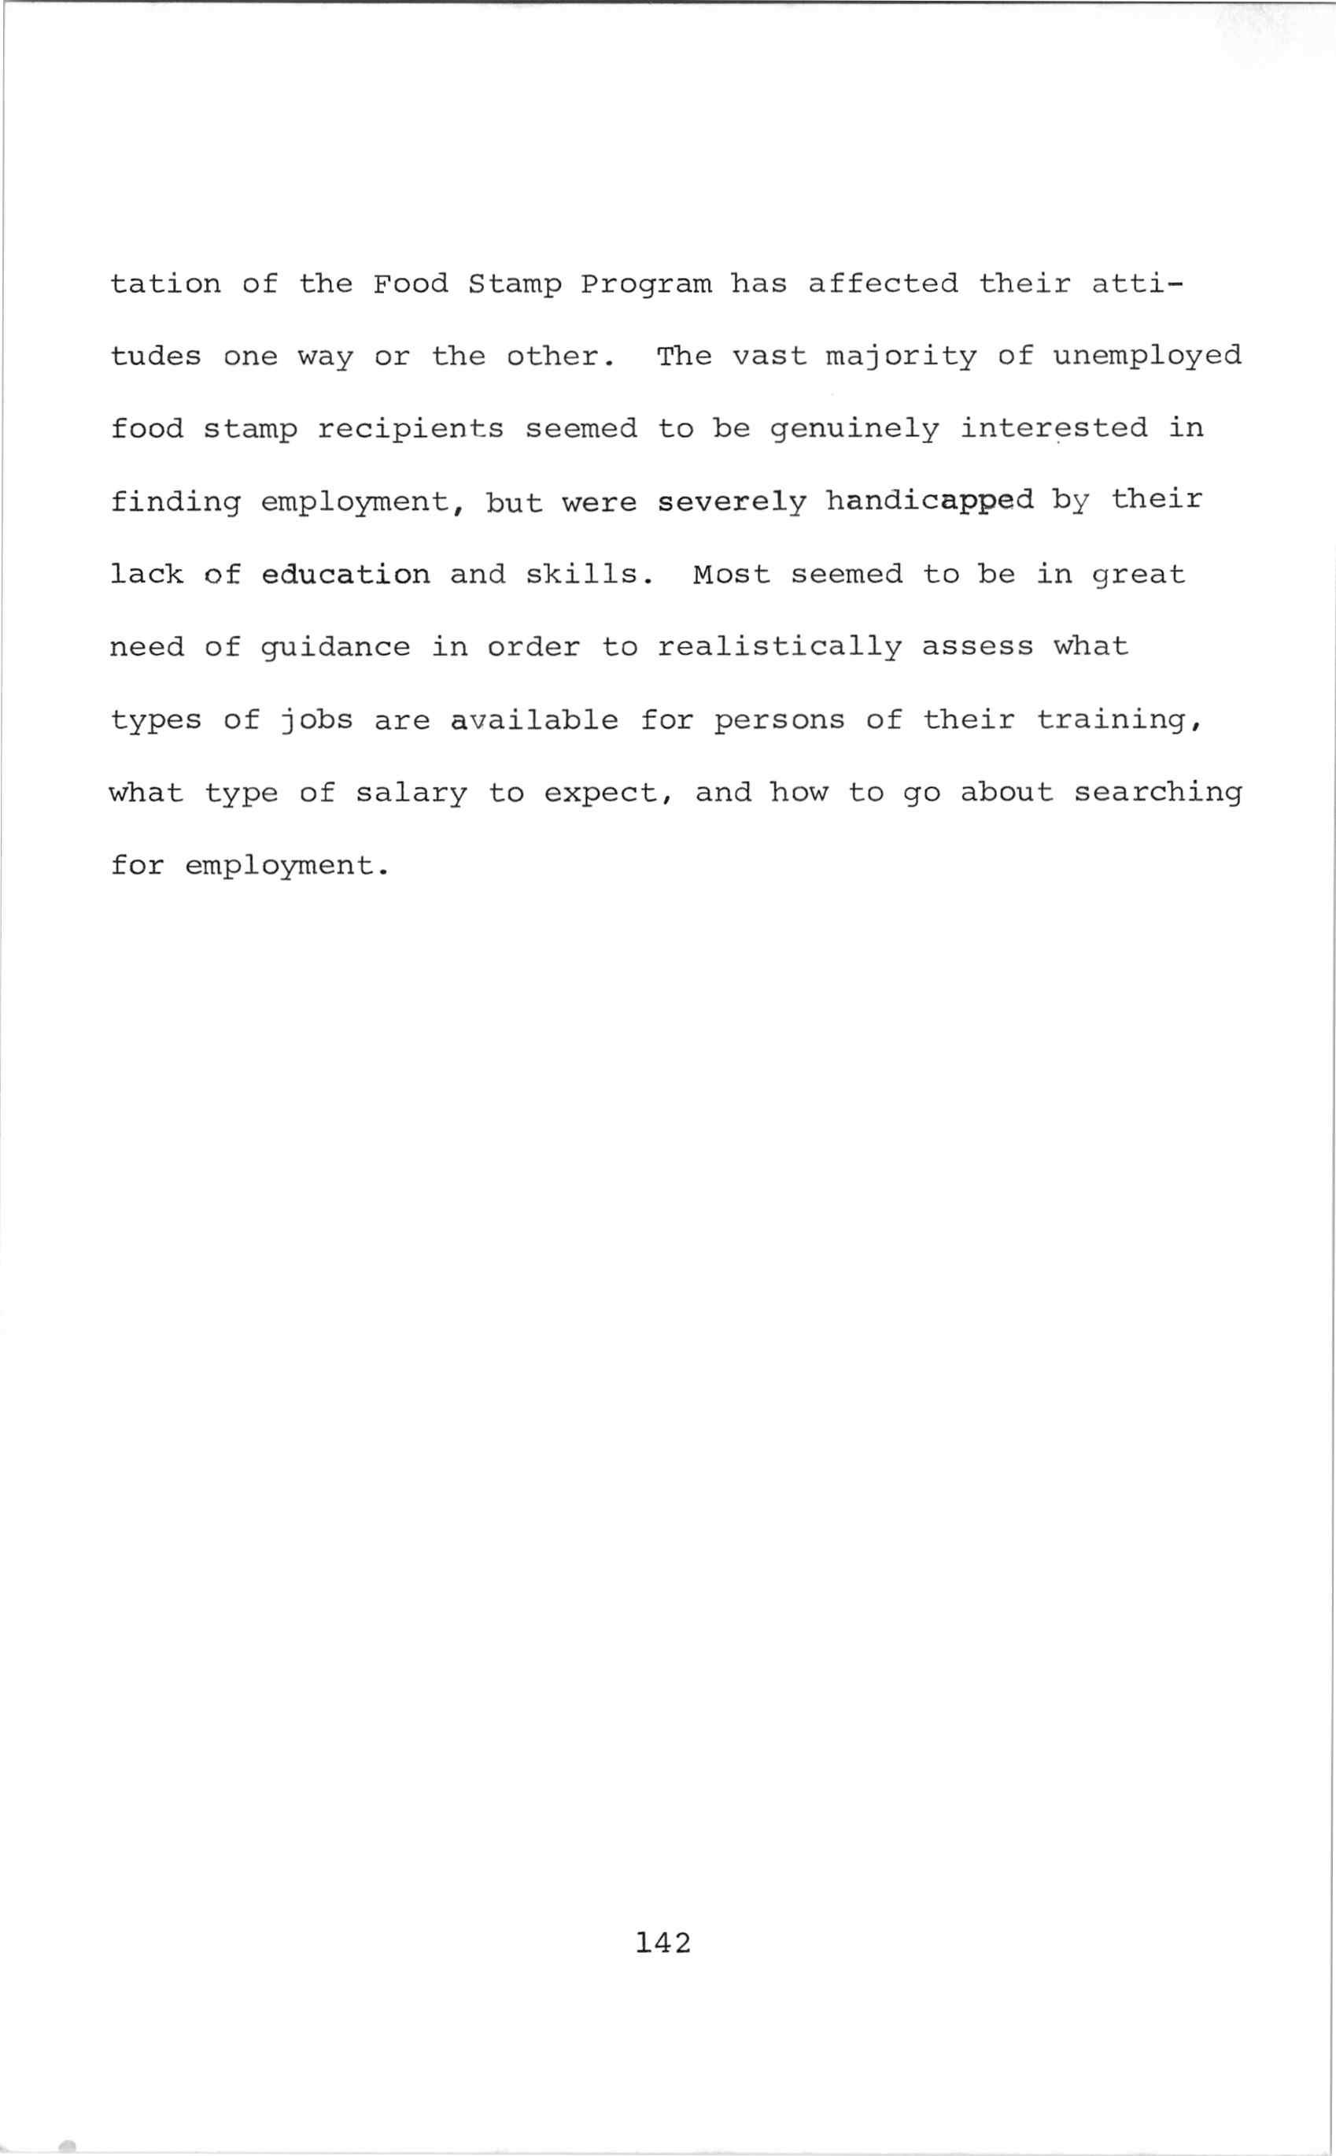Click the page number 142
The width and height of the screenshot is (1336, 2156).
coord(662,1942)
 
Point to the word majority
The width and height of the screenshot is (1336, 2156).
coord(901,357)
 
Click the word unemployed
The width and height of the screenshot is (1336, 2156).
coord(1148,357)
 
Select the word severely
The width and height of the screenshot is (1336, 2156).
coord(733,502)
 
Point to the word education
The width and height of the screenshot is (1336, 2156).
coord(345,575)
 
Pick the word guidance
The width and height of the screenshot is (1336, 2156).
coord(336,648)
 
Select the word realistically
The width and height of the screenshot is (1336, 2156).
coord(779,648)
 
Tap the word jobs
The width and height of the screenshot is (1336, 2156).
coord(316,720)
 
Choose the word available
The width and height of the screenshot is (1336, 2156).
coord(534,720)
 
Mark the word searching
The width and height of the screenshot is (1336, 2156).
coord(1157,793)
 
